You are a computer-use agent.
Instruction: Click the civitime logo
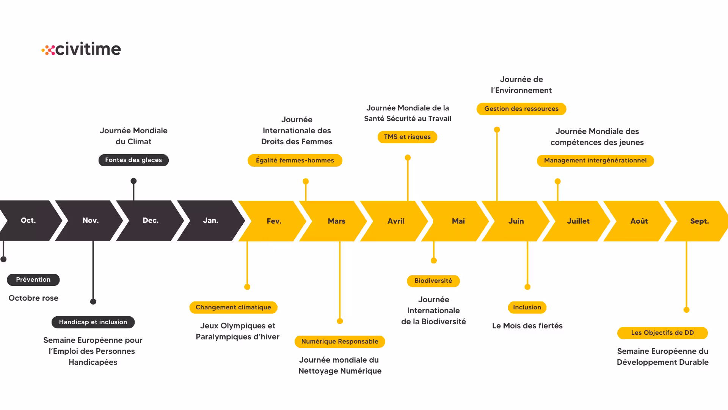click(x=81, y=49)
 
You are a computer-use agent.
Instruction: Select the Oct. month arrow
click(x=28, y=221)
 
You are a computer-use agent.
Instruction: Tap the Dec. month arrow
click(x=150, y=221)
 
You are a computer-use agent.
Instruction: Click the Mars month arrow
click(x=336, y=221)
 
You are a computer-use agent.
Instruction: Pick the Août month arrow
click(x=639, y=221)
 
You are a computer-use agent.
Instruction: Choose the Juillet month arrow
click(x=578, y=221)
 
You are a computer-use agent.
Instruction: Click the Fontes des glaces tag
click(x=133, y=160)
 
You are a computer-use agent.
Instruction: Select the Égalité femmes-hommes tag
click(x=295, y=161)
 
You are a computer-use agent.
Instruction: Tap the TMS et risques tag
click(x=407, y=137)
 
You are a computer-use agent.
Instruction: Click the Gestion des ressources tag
click(x=521, y=109)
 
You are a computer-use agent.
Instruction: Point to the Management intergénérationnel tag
click(x=595, y=161)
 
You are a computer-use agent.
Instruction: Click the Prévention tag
click(x=33, y=280)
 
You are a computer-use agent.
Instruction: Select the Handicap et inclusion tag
click(x=93, y=322)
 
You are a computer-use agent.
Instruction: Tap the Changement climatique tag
click(x=233, y=307)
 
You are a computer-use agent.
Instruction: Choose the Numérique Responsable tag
click(x=340, y=342)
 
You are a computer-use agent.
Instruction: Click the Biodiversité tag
click(x=433, y=281)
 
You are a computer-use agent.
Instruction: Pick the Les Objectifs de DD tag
click(x=662, y=333)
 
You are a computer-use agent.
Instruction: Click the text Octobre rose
click(x=33, y=298)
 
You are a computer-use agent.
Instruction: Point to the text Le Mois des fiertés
click(x=527, y=326)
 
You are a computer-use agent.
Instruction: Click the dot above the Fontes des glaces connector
click(x=133, y=181)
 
